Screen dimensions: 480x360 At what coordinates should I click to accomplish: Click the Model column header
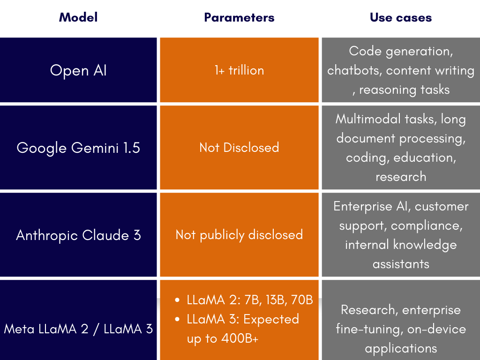pos(78,17)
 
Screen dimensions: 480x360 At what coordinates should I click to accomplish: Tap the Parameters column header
pos(239,17)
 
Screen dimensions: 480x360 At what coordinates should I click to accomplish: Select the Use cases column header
pos(401,17)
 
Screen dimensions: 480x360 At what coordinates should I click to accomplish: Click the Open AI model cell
pos(78,70)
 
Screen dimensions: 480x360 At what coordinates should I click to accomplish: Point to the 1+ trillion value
pos(239,70)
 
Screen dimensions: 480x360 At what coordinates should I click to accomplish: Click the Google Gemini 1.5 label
pos(78,148)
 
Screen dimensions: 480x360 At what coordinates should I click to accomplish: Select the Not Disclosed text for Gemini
pos(239,148)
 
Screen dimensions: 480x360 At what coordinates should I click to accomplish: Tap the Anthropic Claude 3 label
pos(78,235)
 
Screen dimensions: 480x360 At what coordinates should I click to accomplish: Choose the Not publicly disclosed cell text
pos(239,235)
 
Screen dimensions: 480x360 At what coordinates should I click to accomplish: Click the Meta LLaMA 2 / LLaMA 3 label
pos(78,329)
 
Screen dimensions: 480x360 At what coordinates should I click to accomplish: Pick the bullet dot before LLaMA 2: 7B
pos(177,300)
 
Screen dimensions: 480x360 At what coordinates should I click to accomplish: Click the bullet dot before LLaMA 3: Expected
pos(177,319)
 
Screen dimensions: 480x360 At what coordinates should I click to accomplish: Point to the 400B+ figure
pos(240,338)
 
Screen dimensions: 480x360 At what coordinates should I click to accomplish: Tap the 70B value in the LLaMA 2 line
pos(302,300)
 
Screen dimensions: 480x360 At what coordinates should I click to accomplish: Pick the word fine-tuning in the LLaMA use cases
pos(369,329)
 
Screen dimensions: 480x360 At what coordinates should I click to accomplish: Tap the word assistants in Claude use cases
pos(401,264)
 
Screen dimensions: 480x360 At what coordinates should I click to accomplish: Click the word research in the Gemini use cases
pos(401,177)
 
